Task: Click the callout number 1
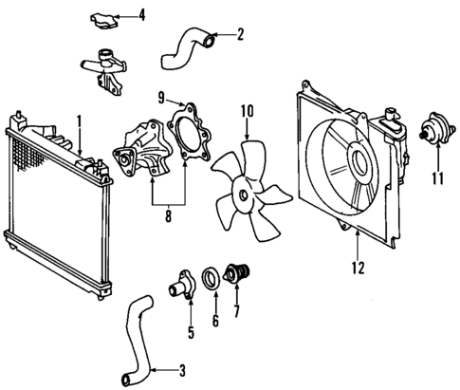[80, 121]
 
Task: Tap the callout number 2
[241, 36]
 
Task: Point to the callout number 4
[142, 14]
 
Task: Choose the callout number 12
[358, 268]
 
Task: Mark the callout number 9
[161, 96]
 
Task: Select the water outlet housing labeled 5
[180, 284]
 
